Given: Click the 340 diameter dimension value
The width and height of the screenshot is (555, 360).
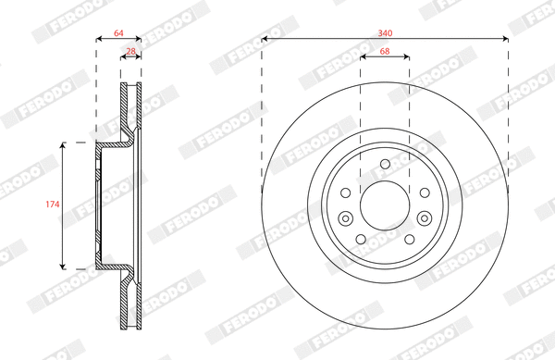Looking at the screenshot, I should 384,32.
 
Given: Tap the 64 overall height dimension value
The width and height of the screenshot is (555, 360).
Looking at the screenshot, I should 118,32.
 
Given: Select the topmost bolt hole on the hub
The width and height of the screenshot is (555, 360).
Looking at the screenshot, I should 384,167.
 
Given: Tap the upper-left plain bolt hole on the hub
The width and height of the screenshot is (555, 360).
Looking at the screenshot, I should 346,192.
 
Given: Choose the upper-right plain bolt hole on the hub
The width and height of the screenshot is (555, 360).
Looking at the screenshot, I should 422,192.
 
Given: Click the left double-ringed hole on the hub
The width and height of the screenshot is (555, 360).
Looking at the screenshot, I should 346,218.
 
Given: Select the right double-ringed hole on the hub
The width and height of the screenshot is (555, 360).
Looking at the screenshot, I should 423,218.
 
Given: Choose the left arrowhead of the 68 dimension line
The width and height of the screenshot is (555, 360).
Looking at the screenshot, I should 362,56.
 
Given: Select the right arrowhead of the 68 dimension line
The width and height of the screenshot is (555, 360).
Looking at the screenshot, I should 407,56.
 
